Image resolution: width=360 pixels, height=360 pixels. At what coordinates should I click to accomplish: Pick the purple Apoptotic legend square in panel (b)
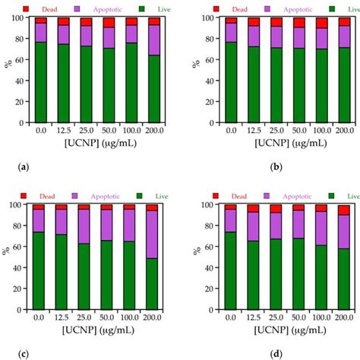pyautogui.click(x=263, y=10)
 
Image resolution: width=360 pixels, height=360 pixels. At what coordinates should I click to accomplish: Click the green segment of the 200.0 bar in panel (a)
pyautogui.click(x=153, y=87)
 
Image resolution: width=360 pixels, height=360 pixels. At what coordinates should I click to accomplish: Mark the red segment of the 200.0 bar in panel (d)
pyautogui.click(x=344, y=210)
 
